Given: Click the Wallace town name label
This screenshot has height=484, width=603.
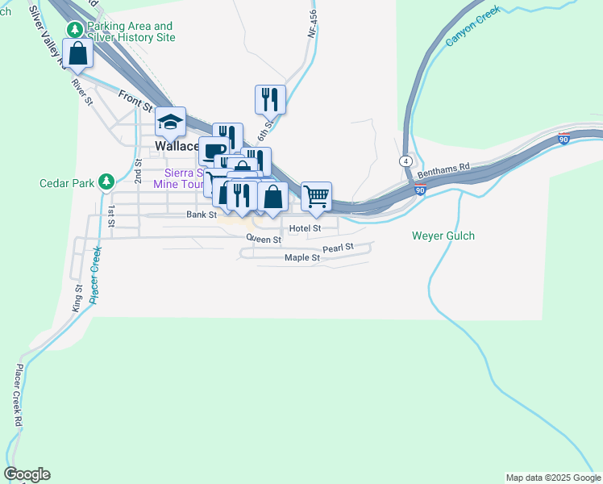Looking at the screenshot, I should click(x=177, y=147).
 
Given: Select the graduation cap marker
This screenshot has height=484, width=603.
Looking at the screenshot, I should click(x=171, y=123).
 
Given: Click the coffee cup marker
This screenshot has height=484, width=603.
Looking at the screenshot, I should click(x=214, y=151).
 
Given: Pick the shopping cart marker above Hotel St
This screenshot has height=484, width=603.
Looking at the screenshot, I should click(x=317, y=196).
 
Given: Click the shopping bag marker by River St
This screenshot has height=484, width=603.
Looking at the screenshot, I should click(x=78, y=55).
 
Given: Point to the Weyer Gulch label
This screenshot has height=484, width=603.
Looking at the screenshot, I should click(x=443, y=236).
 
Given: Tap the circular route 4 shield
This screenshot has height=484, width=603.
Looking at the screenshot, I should click(x=407, y=161).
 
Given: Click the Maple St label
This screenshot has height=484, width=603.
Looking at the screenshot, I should click(x=302, y=258).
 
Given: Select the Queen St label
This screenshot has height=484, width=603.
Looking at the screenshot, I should click(x=264, y=239).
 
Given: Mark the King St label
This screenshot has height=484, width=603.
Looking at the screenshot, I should click(x=78, y=298).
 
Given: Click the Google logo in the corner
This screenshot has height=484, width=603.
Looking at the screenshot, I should click(x=27, y=474).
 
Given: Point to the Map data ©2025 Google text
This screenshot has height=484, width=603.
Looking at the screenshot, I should click(x=553, y=478).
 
